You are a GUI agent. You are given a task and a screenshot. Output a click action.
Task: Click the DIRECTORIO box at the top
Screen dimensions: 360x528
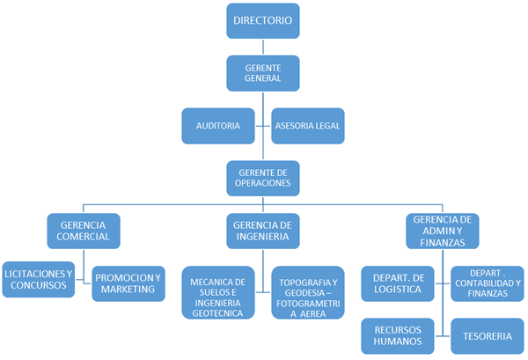[263, 19]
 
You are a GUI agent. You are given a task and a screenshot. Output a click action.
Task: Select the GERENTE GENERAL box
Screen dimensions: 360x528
[263, 72]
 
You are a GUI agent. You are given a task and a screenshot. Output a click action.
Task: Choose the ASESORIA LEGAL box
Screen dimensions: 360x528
[307, 126]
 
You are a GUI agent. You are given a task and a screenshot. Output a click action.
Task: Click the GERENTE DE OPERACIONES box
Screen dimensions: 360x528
[263, 177]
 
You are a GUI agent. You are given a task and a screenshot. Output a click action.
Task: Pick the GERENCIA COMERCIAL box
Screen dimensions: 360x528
[84, 230]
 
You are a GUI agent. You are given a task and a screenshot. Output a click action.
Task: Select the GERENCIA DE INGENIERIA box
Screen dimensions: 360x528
[263, 231]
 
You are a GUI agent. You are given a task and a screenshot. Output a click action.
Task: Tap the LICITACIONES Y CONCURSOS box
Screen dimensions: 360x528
[39, 279]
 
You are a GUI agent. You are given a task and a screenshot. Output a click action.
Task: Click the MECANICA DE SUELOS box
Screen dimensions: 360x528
[219, 295]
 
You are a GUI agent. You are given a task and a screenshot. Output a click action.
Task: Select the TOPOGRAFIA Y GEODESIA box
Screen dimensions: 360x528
[307, 295]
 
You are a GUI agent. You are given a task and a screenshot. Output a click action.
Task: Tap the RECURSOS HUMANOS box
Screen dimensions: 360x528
[398, 335]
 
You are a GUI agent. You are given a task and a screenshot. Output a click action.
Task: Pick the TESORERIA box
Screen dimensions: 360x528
[488, 335]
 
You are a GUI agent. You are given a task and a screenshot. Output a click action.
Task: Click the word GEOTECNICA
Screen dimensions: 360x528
[219, 313]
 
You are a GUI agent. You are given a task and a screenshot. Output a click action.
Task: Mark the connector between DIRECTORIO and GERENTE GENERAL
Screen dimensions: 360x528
[263, 47]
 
